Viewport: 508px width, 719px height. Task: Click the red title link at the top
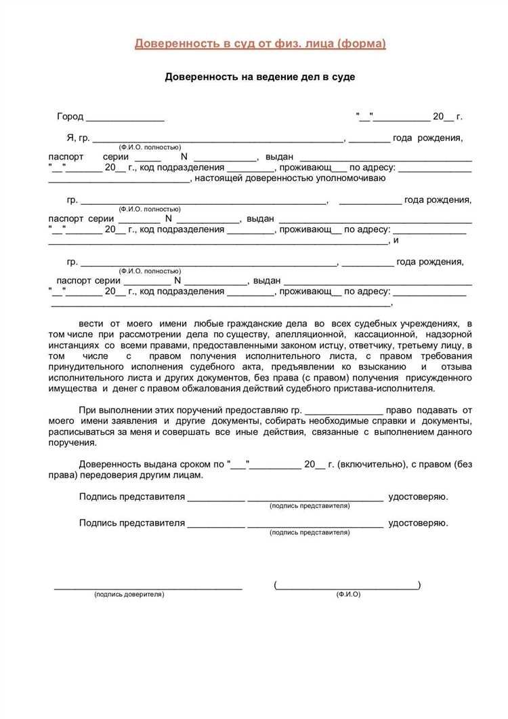tap(260, 43)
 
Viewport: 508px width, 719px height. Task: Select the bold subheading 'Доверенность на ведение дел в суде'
tap(260, 77)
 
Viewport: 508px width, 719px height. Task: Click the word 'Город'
tap(70, 117)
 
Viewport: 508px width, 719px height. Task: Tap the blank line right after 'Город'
tap(125, 118)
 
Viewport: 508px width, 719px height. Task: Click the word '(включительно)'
tap(371, 465)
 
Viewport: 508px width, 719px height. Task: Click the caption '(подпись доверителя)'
tap(129, 594)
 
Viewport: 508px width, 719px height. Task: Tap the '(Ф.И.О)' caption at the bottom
tap(348, 594)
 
